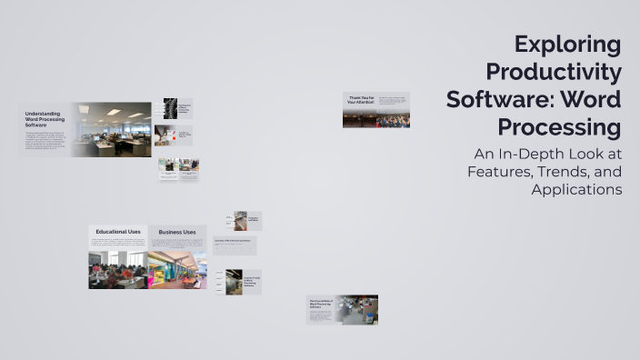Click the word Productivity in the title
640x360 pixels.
coord(554,72)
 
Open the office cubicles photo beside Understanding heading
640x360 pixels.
coord(112,129)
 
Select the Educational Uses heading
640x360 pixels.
coord(118,232)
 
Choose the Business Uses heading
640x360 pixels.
coord(177,232)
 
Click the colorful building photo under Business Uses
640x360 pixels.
coord(177,270)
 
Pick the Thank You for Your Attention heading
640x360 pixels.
coord(359,99)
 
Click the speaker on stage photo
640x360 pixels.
coord(359,119)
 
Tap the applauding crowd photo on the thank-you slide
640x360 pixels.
coord(393,119)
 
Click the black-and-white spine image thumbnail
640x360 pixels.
coord(170,108)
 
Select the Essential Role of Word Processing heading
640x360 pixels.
coord(321,304)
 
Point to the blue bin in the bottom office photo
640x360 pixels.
coord(370,316)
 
